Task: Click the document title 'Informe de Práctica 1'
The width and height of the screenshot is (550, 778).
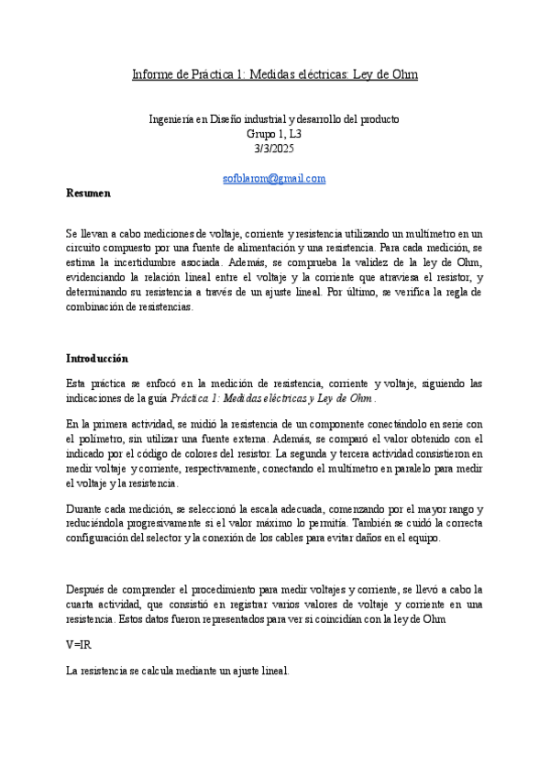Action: [x=275, y=73]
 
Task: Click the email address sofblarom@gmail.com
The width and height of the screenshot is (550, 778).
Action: [x=274, y=178]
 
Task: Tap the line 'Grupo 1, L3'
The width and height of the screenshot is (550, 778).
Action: [x=274, y=133]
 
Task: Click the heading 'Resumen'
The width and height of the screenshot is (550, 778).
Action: [x=88, y=194]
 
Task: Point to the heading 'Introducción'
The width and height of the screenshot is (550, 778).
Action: [x=97, y=358]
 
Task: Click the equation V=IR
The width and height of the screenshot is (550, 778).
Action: [x=79, y=645]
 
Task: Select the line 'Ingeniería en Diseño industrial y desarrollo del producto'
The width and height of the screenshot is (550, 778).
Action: [x=274, y=119]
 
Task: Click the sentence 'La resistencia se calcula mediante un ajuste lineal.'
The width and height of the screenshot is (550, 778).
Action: [x=178, y=671]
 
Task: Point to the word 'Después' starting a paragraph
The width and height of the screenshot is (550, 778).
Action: [x=87, y=589]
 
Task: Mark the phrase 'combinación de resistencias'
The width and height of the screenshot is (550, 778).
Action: [x=128, y=307]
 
